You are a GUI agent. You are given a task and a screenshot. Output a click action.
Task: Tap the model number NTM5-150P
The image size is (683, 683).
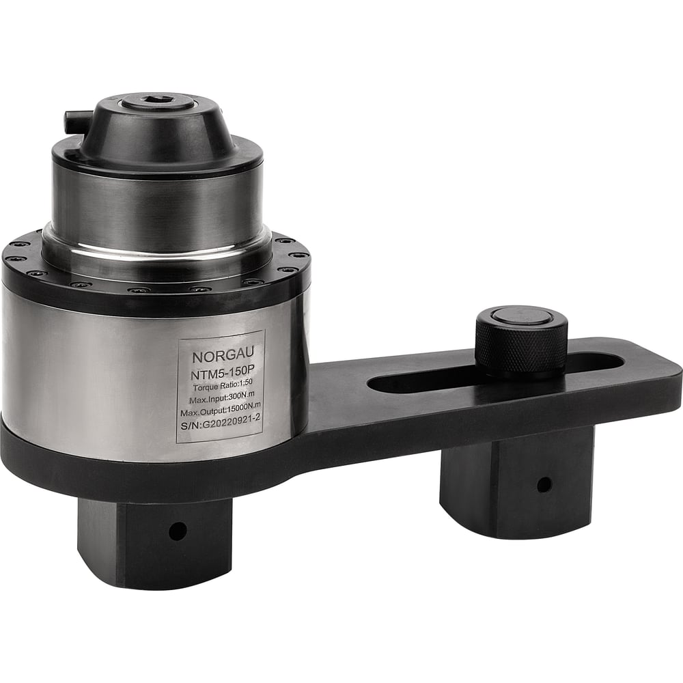point(220,375)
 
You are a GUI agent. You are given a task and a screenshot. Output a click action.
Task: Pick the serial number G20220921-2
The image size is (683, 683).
point(220,428)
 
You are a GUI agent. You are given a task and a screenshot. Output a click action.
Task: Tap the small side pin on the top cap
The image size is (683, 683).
point(73,121)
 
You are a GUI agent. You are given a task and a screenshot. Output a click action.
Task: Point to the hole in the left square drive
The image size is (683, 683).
point(178,531)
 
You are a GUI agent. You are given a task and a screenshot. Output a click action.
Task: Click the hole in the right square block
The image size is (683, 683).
point(544,485)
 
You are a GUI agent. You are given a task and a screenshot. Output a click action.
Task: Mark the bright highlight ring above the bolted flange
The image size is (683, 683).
point(157,253)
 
